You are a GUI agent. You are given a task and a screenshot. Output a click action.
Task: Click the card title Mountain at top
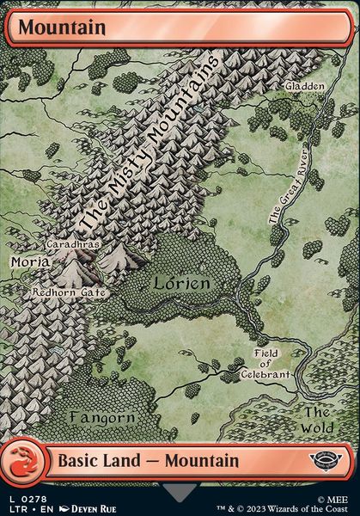63,28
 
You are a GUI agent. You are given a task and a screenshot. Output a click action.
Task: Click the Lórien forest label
181,282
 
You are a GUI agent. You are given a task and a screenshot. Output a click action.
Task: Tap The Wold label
317,418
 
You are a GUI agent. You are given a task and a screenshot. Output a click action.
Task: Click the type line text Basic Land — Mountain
148,461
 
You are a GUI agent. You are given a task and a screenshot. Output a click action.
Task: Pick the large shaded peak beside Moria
76,271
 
